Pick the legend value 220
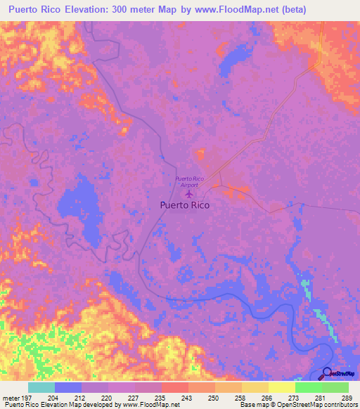tap(106, 398)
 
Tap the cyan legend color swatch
tap(41, 387)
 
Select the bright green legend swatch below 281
tap(308, 387)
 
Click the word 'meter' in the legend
tap(11, 398)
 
